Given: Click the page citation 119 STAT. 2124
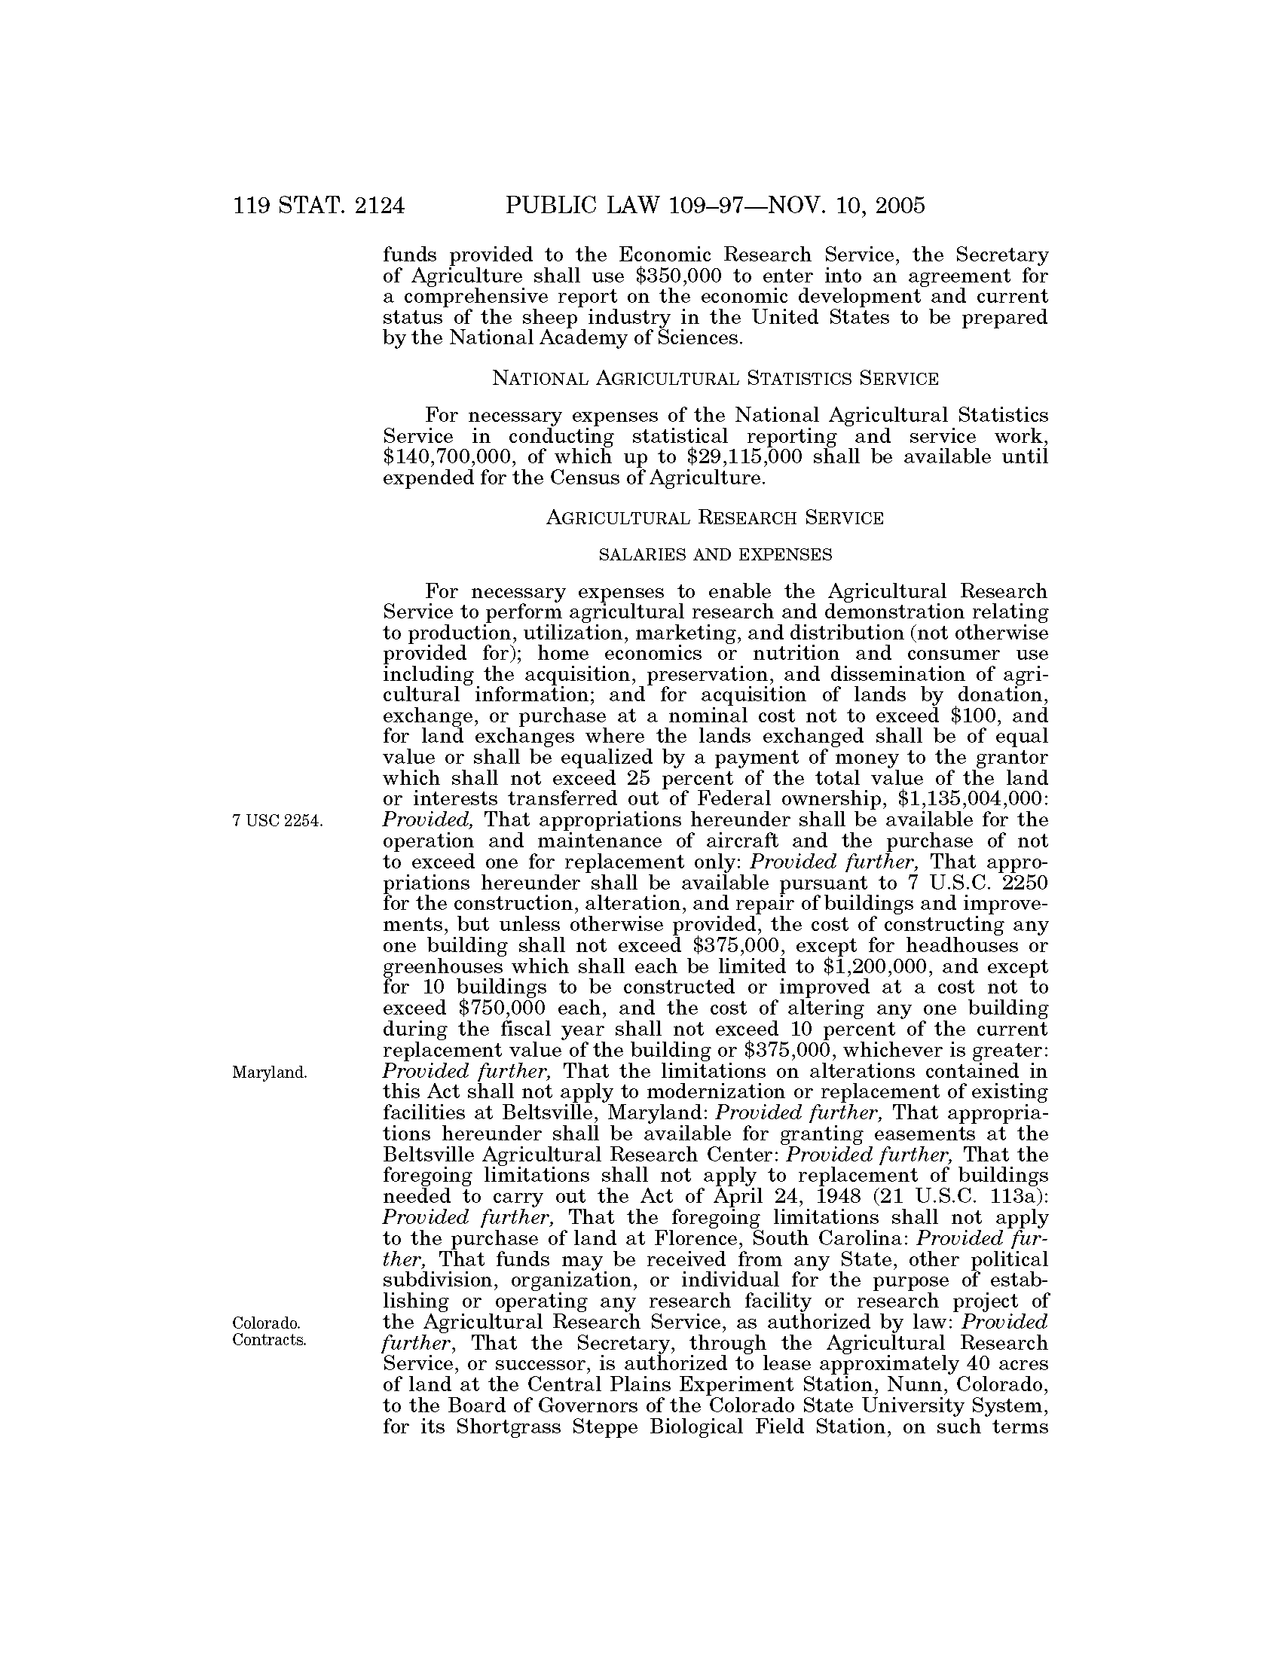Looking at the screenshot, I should coord(319,206).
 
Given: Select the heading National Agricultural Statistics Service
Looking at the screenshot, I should coord(715,378).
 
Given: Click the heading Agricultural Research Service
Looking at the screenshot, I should coord(715,518).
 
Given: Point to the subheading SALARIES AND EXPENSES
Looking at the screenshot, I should coord(715,555).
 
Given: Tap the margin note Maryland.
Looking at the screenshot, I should coord(270,1073).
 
